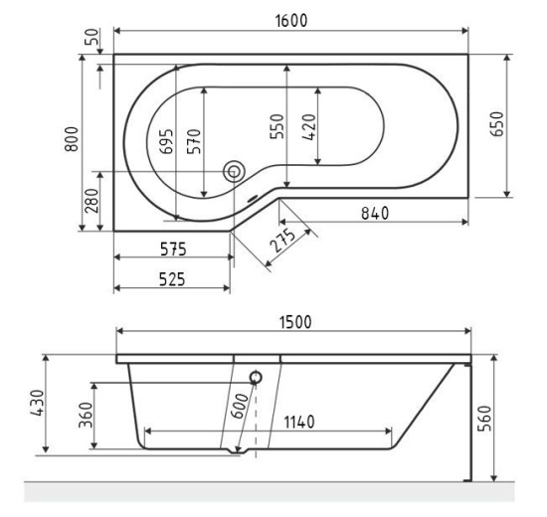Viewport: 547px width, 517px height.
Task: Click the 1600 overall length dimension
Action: click(291, 20)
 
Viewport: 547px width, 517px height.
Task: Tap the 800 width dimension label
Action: click(72, 139)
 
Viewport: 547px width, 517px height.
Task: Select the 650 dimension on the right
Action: click(496, 124)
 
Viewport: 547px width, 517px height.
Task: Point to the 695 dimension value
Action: click(166, 141)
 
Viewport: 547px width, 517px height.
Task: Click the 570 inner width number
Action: click(194, 141)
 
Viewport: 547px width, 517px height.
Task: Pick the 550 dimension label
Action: click(277, 126)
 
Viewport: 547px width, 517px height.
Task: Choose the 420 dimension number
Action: click(309, 127)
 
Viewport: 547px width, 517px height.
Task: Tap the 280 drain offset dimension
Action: click(91, 201)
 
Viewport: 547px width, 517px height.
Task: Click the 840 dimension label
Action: click(375, 214)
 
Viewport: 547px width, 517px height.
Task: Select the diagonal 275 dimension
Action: click(283, 240)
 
